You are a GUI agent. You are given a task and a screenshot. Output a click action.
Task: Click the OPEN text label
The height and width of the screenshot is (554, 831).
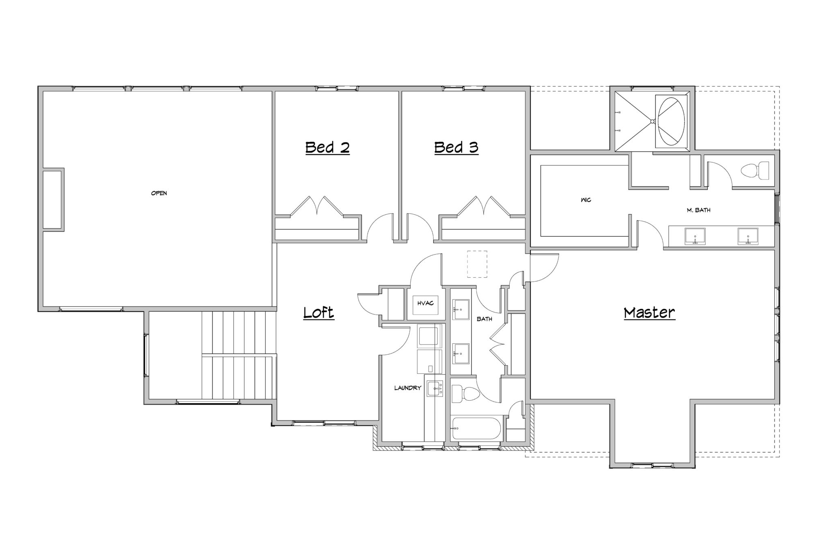point(159,193)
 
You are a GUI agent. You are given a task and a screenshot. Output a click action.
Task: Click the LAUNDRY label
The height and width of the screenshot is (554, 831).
point(408,388)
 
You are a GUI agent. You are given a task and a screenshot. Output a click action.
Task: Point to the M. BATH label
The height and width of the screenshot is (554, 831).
point(698,210)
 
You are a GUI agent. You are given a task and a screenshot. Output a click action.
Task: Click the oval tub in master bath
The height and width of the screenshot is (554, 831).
point(671,121)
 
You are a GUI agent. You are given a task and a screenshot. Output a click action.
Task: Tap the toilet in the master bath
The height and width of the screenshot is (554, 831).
point(755,171)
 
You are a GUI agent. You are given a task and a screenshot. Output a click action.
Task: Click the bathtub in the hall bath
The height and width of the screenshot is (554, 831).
point(477,428)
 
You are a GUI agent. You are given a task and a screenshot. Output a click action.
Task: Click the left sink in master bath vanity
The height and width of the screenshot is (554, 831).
point(695,236)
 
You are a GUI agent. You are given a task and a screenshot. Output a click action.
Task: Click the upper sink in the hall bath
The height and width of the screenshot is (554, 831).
point(461,310)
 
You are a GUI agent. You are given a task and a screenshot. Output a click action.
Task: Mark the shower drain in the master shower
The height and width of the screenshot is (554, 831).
point(652,121)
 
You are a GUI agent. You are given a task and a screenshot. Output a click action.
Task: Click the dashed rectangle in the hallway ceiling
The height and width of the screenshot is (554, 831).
point(477,264)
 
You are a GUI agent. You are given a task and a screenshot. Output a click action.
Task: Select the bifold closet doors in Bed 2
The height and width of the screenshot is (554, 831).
point(317,207)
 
